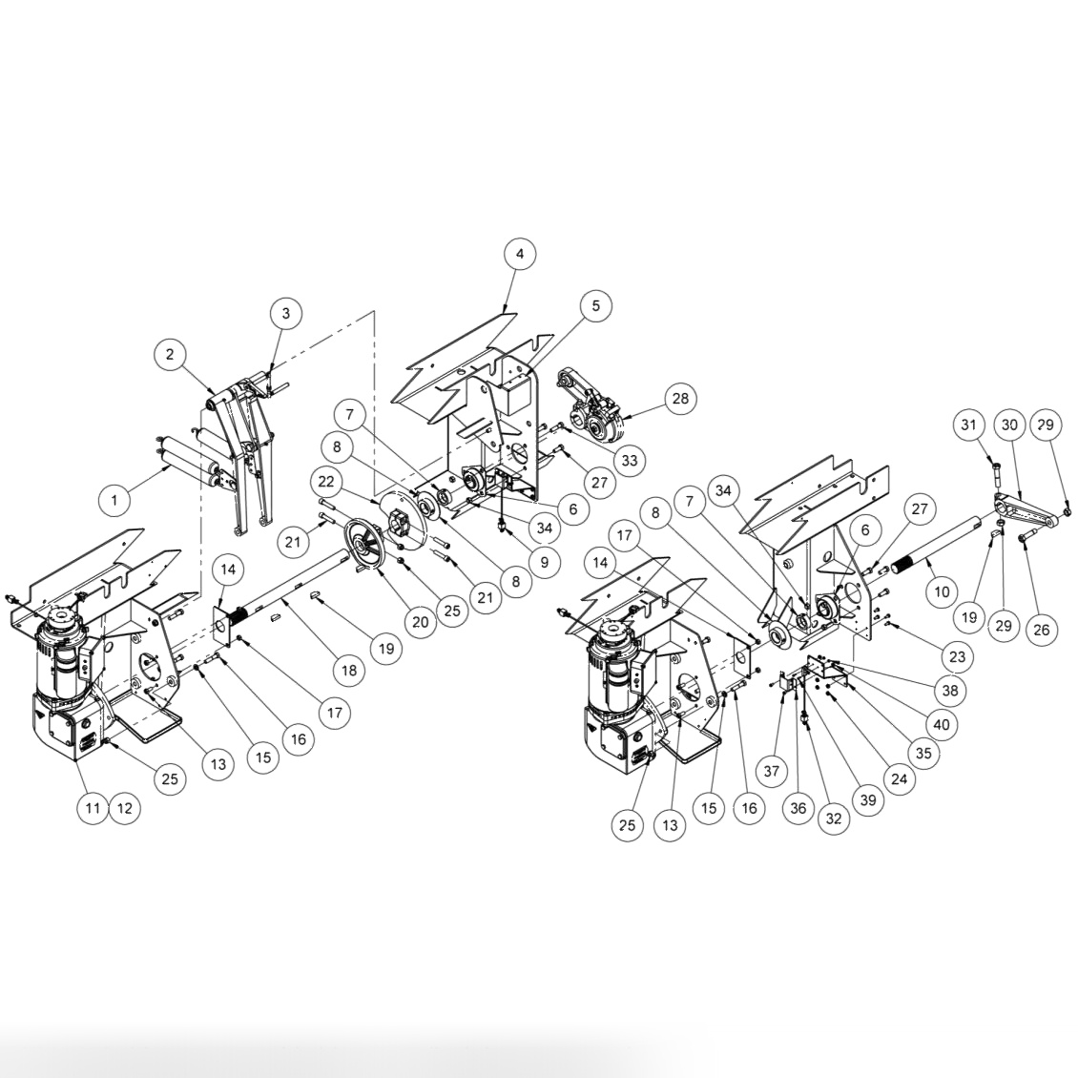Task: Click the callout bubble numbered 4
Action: tap(519, 255)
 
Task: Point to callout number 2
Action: tap(170, 355)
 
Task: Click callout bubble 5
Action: tap(596, 306)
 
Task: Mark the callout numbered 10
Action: tap(942, 591)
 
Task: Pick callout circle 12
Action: tap(124, 808)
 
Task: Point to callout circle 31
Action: tap(970, 425)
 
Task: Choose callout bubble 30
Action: tap(1009, 425)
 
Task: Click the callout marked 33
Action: tap(630, 461)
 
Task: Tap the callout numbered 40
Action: tap(942, 724)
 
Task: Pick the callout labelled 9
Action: tap(544, 562)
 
